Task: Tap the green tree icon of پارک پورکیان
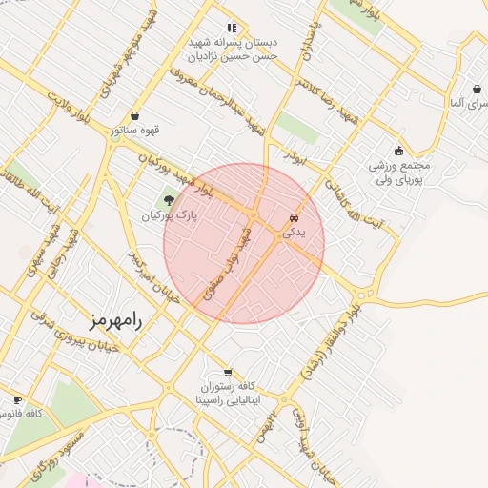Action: coord(169,200)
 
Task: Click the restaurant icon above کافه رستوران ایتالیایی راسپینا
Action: coord(227,373)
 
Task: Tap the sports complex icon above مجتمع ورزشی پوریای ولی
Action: coord(398,151)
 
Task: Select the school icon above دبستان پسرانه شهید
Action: coord(231,28)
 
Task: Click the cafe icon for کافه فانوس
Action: coord(17,400)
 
